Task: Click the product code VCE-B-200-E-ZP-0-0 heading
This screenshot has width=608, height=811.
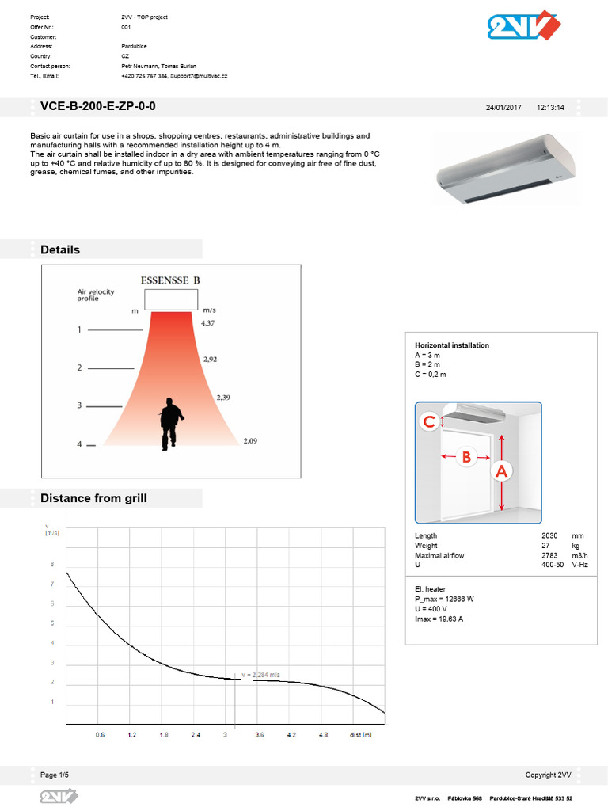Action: coord(103,107)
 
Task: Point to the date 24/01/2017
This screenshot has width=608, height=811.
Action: coord(503,108)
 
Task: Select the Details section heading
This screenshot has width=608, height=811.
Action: coord(60,249)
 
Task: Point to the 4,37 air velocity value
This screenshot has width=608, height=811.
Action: coord(208,323)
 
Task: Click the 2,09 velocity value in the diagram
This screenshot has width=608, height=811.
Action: coord(250,440)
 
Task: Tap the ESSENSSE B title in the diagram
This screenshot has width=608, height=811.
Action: coord(169,280)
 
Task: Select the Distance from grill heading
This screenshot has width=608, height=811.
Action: coord(93,498)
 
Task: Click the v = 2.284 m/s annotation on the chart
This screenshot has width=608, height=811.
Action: coord(260,675)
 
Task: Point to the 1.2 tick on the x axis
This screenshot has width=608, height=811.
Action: coord(131,735)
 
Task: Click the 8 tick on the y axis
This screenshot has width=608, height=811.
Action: coord(52,565)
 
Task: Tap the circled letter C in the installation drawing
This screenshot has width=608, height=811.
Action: coord(429,422)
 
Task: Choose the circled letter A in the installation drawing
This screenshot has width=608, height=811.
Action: coord(501,471)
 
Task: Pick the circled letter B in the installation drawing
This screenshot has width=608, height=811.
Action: coord(466,456)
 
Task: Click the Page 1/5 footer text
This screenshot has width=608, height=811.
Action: coord(60,775)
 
